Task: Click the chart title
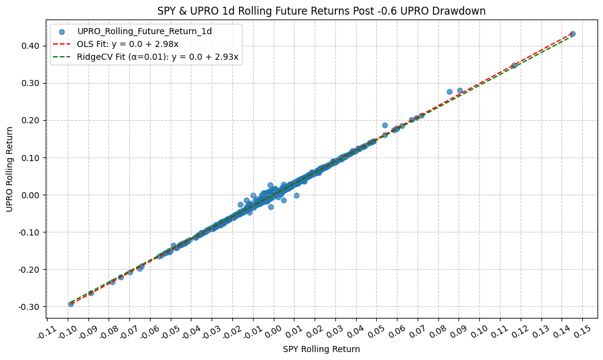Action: tap(322, 10)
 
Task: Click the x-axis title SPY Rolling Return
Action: tap(322, 349)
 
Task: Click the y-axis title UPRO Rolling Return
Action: tap(10, 170)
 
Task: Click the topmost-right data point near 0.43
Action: tap(573, 34)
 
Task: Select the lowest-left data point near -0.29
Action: tap(71, 303)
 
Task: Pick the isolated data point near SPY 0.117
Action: tap(514, 65)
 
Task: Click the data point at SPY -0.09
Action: tap(91, 293)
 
